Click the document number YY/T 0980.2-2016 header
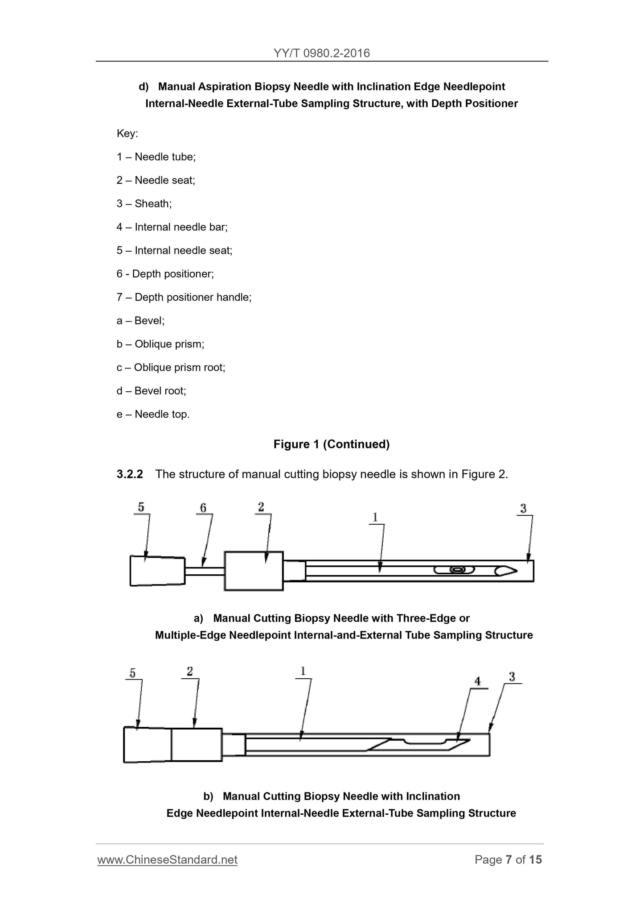(x=322, y=54)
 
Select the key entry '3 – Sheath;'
(x=144, y=203)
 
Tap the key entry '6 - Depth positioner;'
(x=165, y=274)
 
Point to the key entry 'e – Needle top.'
(x=153, y=414)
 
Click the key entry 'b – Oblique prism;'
(x=160, y=344)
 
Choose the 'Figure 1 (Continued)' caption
(x=332, y=444)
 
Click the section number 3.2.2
(x=130, y=474)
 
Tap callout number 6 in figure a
(x=203, y=508)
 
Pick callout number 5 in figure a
(x=141, y=507)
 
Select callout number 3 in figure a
(x=523, y=508)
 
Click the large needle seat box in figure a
(x=254, y=571)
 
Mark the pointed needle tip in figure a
(x=507, y=570)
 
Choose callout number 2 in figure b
(x=190, y=672)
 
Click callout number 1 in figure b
(x=303, y=671)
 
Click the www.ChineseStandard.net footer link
(x=167, y=859)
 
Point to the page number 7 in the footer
(x=509, y=859)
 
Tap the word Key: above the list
(x=127, y=133)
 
